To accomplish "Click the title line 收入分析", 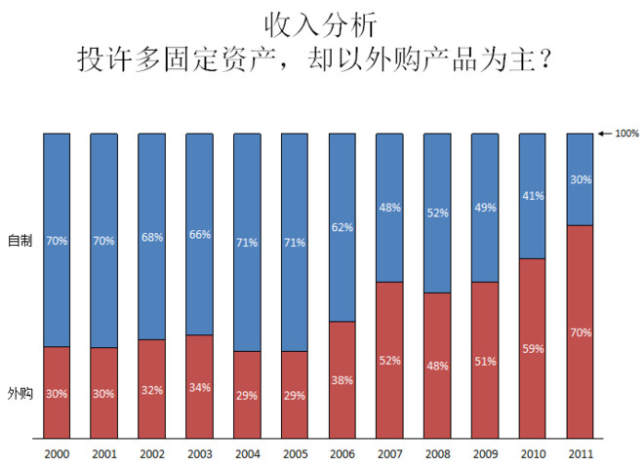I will coord(321,22).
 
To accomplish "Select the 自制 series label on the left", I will coord(20,240).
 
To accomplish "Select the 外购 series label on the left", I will coord(20,394).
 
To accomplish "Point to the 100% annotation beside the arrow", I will coord(626,134).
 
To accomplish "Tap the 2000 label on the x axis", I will coord(57,453).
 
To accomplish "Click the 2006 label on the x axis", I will coord(342,453).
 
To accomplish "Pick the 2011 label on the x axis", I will coord(581,453).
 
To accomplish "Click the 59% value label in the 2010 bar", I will coord(533,348).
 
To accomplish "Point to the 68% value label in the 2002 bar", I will coord(151,237).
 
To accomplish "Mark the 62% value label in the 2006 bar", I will coord(342,227).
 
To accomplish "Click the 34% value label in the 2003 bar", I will coord(199,387).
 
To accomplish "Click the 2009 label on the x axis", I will coord(485,453).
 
